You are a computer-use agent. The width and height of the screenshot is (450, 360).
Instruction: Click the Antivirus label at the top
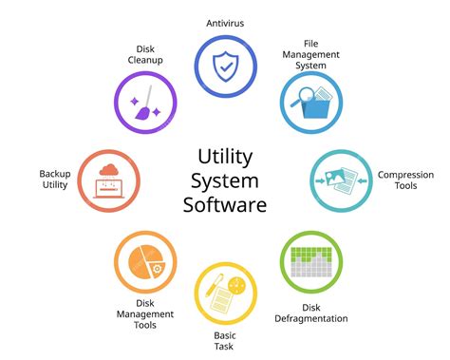click(225, 22)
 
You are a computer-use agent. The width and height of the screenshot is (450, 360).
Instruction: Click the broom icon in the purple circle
click(145, 105)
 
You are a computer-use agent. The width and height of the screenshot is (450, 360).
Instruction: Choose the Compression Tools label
click(405, 180)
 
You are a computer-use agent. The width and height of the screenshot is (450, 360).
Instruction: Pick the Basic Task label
click(226, 341)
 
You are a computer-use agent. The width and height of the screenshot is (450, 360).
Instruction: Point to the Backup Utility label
click(55, 180)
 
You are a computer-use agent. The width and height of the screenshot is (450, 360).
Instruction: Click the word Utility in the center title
click(226, 156)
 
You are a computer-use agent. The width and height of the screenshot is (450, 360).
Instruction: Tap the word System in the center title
click(226, 180)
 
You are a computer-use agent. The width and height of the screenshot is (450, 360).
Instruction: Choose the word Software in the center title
click(226, 203)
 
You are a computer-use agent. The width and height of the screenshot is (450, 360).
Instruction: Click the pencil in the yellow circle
click(217, 286)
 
